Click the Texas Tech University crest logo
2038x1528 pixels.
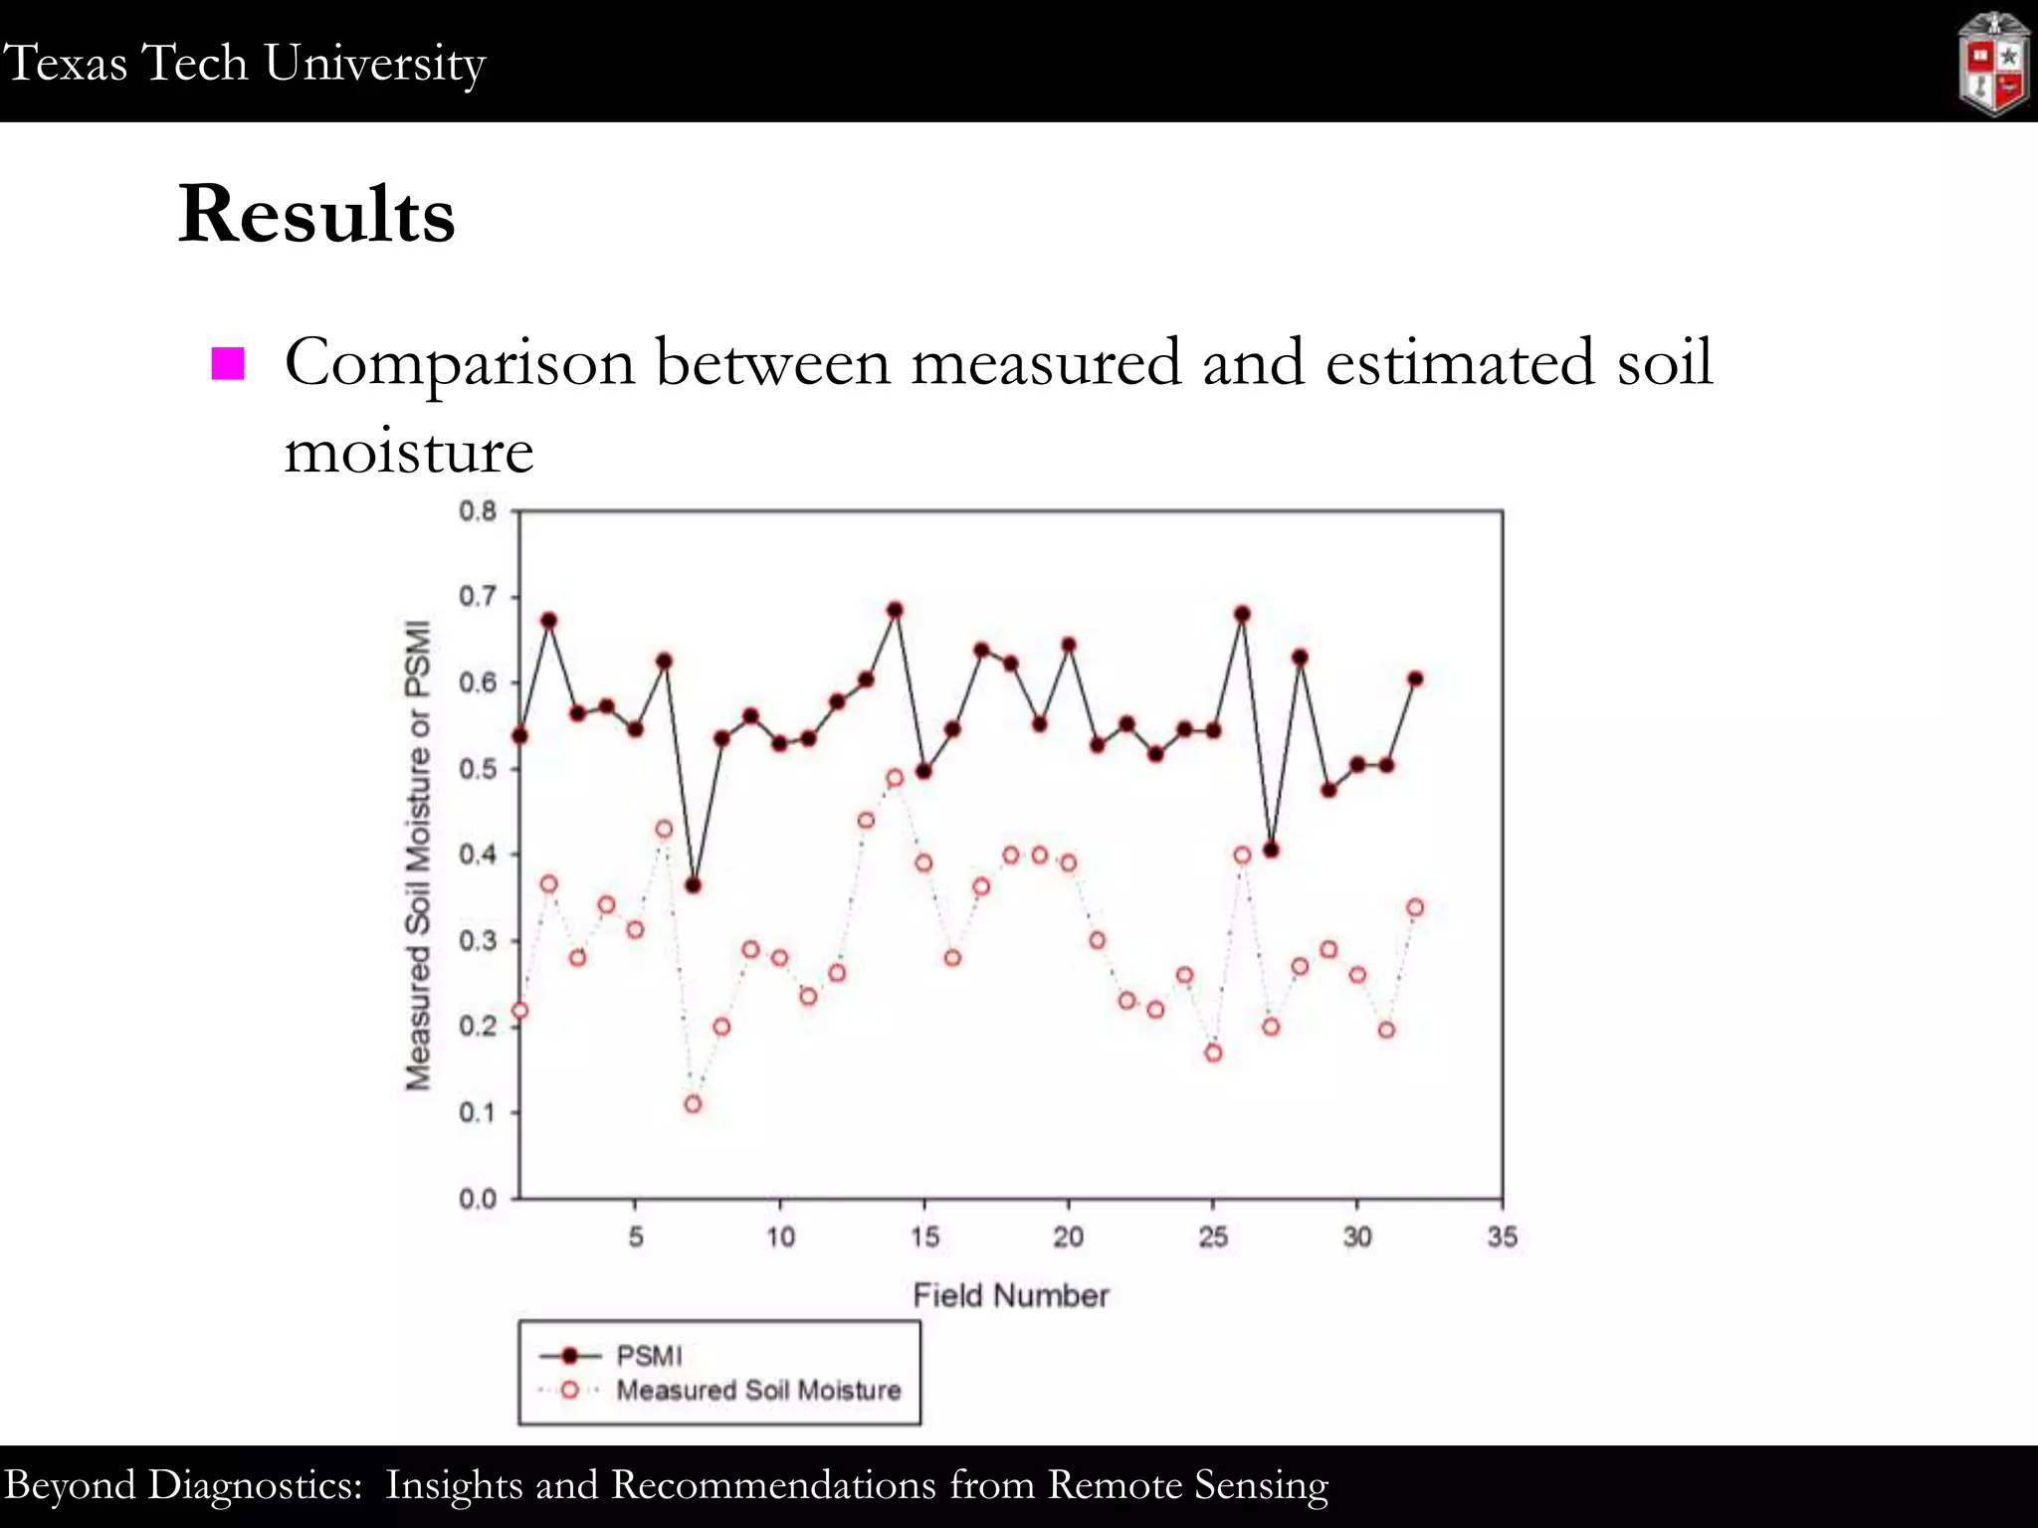[1993, 64]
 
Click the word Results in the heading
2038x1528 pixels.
[316, 214]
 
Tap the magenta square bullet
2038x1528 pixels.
[228, 364]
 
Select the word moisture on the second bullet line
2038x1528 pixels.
[409, 451]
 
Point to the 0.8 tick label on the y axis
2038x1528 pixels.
[478, 511]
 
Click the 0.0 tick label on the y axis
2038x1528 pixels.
[478, 1199]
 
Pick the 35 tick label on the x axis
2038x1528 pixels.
[1502, 1237]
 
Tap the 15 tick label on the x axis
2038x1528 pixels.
[924, 1237]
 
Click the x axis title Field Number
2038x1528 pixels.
[1010, 1295]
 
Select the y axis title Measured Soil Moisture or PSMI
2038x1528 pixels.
[419, 855]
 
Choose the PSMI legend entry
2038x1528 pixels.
[649, 1356]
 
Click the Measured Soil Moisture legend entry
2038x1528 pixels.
[758, 1390]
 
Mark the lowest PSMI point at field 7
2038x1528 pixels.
[694, 885]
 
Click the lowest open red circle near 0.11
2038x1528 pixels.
[694, 1104]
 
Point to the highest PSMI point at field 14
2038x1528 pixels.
[895, 610]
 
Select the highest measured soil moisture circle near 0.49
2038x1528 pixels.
[895, 778]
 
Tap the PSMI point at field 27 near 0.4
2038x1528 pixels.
[1271, 850]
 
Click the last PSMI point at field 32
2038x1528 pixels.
[1415, 679]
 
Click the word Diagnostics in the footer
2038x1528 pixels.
[255, 1485]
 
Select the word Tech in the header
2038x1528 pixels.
[195, 63]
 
